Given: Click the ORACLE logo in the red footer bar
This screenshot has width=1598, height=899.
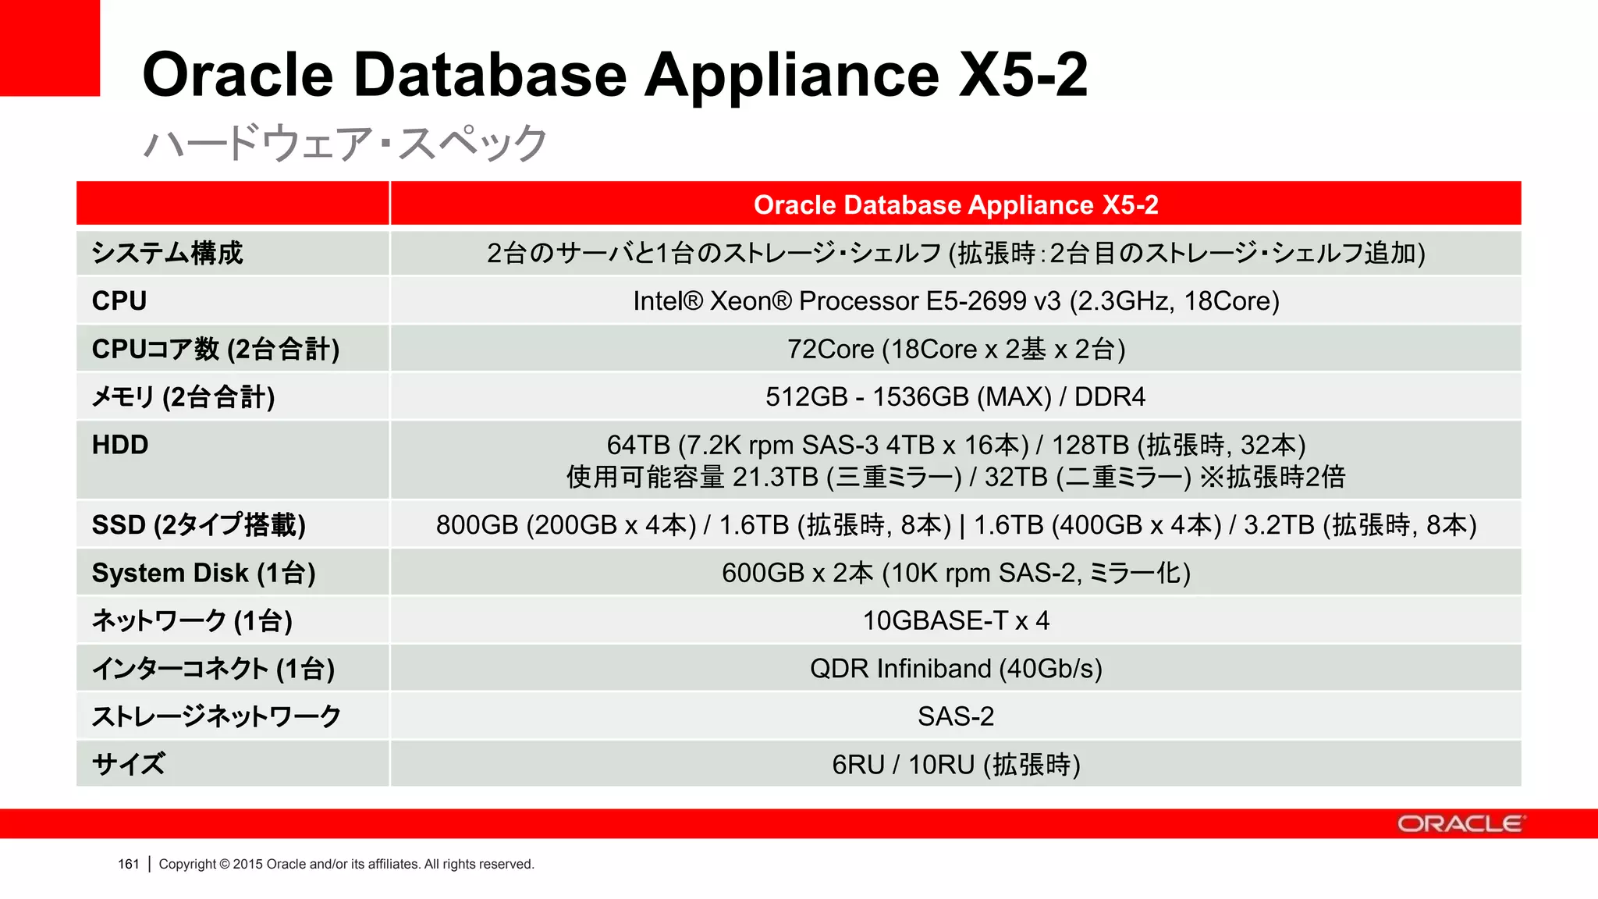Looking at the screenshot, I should [x=1459, y=824].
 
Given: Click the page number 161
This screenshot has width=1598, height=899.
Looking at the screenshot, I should [x=128, y=864].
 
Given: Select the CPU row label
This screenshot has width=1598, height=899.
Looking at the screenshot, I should [x=119, y=300].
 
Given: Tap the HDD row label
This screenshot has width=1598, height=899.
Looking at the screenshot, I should [x=120, y=445].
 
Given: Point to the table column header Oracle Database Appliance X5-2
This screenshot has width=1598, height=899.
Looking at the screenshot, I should [x=955, y=204].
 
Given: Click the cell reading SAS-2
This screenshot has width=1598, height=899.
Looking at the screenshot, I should [x=955, y=716].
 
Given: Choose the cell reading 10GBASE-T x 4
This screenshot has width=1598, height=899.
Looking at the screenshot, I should [x=955, y=620].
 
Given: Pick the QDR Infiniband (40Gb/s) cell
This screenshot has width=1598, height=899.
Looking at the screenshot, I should [x=955, y=669].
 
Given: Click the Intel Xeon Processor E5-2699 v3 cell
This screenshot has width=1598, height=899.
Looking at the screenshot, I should [x=955, y=300].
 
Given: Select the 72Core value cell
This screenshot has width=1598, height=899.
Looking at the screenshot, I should [x=955, y=349].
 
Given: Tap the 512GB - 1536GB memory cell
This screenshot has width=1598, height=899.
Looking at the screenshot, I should [x=955, y=396].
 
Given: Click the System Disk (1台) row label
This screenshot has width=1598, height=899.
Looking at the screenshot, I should [x=204, y=573].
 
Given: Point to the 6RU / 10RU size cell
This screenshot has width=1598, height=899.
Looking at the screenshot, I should [x=955, y=765].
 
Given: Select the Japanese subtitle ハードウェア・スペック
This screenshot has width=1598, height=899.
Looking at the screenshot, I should [x=345, y=144].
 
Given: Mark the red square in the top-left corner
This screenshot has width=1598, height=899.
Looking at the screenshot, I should [x=49, y=48].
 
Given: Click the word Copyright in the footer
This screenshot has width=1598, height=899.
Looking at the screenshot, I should [x=187, y=864].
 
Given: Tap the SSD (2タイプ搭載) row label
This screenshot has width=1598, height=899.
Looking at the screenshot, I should [x=198, y=524].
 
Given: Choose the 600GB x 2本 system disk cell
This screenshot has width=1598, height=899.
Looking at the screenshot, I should [x=955, y=573].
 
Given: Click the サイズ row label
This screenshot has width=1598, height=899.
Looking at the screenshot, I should [x=129, y=764].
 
